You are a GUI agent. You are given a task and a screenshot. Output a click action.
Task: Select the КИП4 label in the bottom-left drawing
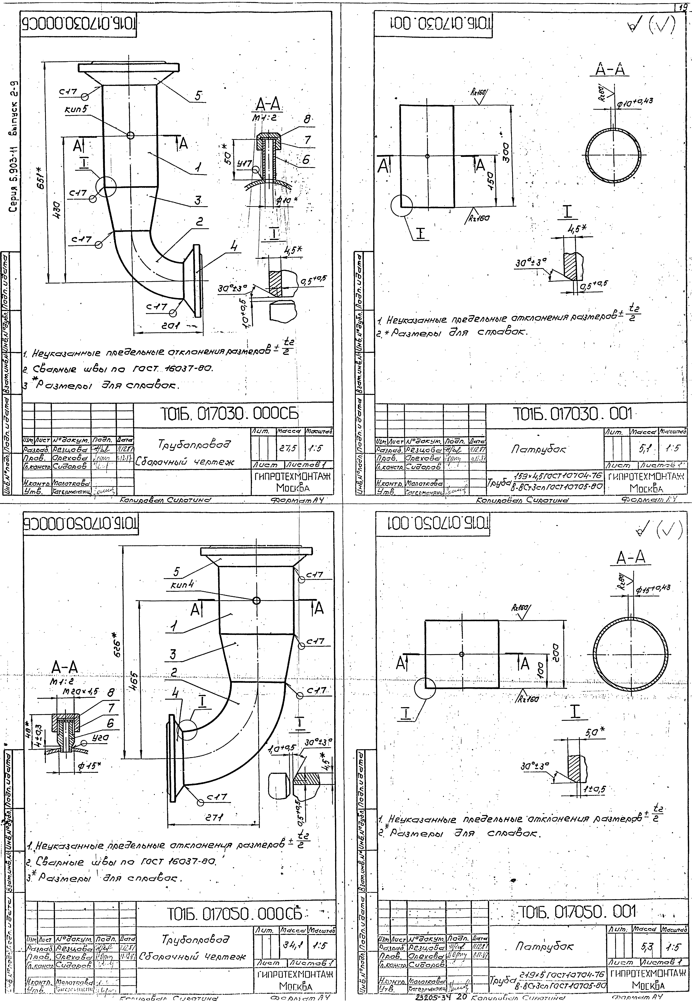pos(182,584)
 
